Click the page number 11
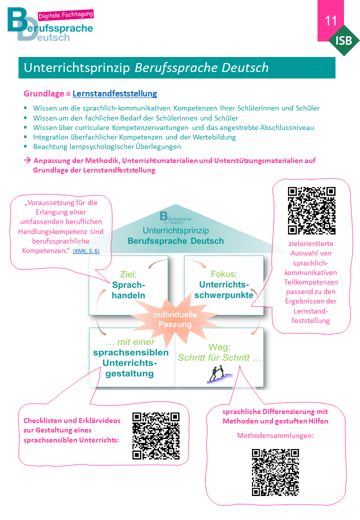(330, 20)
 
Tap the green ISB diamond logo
(344, 40)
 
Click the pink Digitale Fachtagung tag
(65, 15)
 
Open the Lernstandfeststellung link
(114, 93)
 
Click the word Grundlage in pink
(44, 93)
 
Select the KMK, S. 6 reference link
(86, 251)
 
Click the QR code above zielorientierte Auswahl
(311, 210)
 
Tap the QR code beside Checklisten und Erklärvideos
(156, 436)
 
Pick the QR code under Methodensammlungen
(275, 472)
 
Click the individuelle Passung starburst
(175, 319)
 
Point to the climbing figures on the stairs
(219, 374)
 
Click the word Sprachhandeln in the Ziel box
(128, 290)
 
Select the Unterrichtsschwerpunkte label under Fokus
(224, 290)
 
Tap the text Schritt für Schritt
(220, 357)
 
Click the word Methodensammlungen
(275, 435)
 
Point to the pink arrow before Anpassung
(27, 160)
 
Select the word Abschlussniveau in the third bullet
(286, 127)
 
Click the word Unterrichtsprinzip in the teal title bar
(77, 67)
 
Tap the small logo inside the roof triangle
(175, 218)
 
